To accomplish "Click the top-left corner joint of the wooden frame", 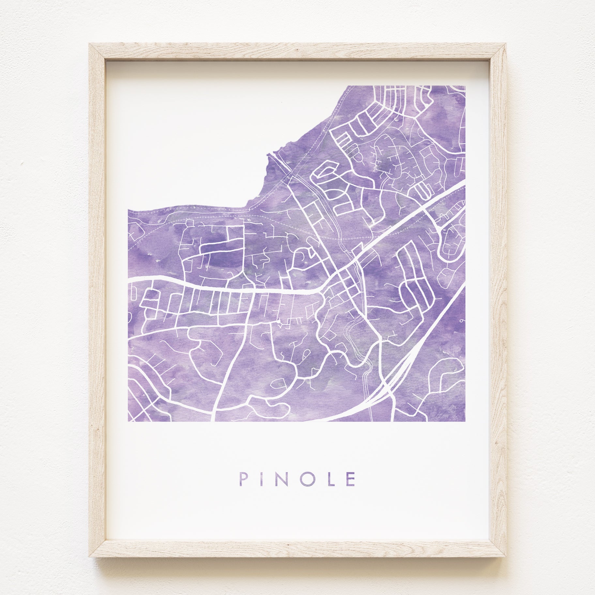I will tap(97, 52).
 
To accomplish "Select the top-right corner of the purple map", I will tap(465, 86).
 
